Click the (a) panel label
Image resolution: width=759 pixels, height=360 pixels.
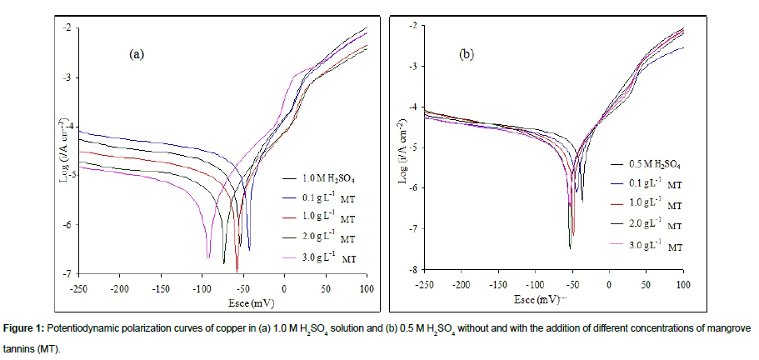(137, 55)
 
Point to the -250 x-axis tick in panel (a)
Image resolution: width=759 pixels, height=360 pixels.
(80, 287)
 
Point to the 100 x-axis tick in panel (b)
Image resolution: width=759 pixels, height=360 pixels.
(682, 284)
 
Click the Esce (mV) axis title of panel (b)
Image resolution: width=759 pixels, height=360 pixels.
(554, 297)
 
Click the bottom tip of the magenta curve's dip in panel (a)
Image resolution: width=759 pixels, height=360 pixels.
(208, 257)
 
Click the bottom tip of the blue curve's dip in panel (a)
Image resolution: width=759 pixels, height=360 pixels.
(249, 247)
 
